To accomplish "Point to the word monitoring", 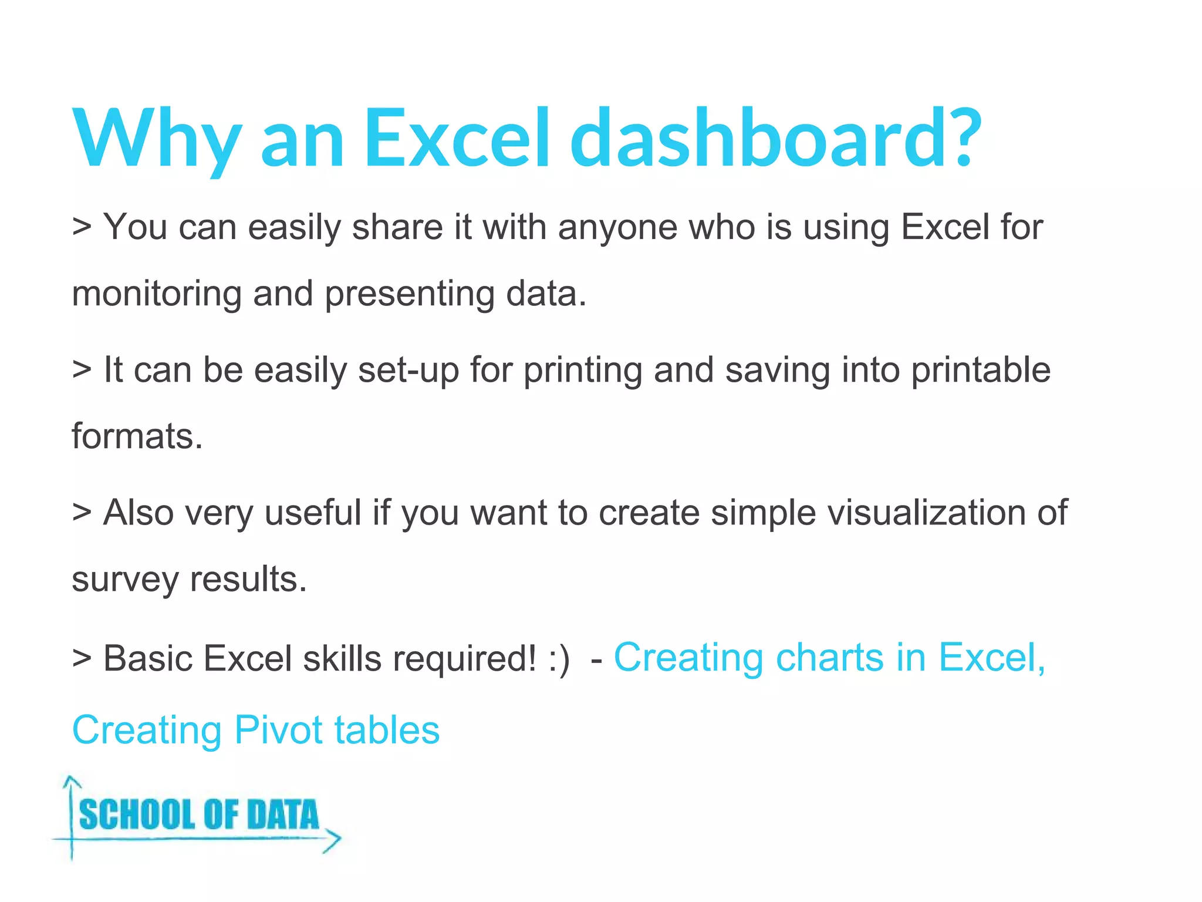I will pyautogui.click(x=157, y=294).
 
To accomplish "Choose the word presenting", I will pyautogui.click(x=409, y=294).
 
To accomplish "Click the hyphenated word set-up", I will pyautogui.click(x=408, y=370).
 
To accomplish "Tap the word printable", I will pyautogui.click(x=981, y=370).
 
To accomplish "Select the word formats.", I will pyautogui.click(x=137, y=436).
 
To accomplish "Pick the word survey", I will pyautogui.click(x=125, y=580).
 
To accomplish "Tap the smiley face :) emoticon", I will pyautogui.click(x=558, y=659).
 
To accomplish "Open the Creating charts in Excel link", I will pyautogui.click(x=829, y=657).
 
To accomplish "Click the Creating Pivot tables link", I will pyautogui.click(x=256, y=730).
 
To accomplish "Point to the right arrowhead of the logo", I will pyautogui.click(x=333, y=840).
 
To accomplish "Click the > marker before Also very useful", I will pyautogui.click(x=82, y=513).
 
